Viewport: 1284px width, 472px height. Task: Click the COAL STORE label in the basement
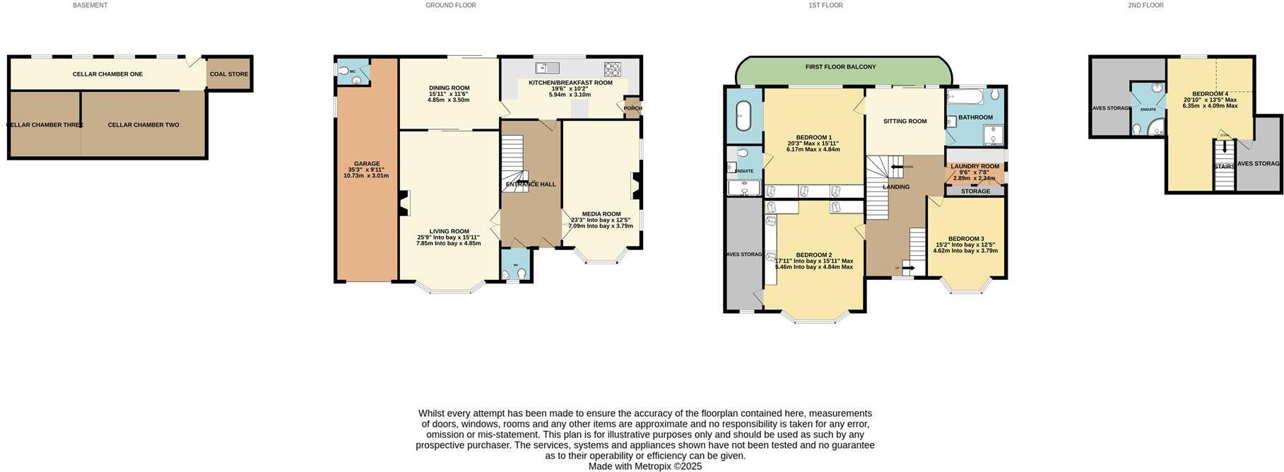tap(228, 74)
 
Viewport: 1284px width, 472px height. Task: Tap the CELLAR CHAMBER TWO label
tap(143, 125)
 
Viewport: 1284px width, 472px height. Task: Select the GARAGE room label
tap(367, 164)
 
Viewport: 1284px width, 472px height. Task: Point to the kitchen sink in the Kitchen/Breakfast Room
tap(548, 68)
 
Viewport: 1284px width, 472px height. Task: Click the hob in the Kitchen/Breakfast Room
tap(612, 69)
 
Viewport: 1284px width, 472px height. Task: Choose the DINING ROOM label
tap(449, 88)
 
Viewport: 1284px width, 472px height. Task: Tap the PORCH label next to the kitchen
tap(632, 109)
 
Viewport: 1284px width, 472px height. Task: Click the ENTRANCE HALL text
tap(531, 184)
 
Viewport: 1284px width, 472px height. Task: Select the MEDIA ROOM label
tap(601, 214)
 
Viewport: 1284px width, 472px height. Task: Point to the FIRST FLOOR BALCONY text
tap(840, 67)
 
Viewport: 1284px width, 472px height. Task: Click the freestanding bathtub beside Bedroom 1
tap(743, 116)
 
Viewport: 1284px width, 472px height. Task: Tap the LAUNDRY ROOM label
tap(974, 167)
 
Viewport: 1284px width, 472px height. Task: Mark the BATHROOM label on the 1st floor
tap(975, 117)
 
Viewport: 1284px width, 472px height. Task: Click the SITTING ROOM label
tap(905, 122)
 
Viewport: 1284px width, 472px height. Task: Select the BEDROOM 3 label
tap(966, 239)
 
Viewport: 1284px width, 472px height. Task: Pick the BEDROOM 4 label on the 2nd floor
tap(1210, 94)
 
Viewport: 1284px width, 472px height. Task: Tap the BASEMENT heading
tap(90, 5)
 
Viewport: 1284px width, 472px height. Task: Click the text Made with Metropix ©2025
tap(644, 466)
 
